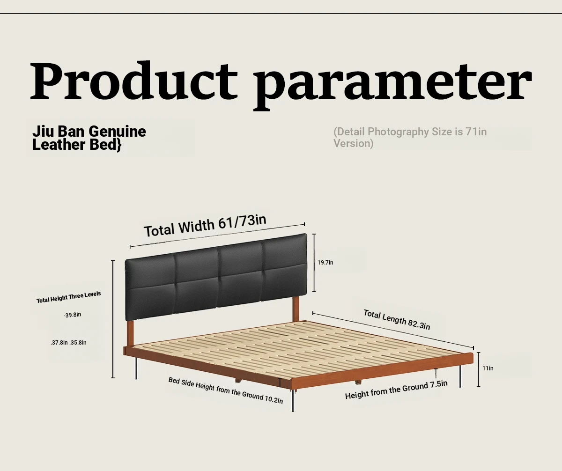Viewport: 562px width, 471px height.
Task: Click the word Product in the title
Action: coord(134,81)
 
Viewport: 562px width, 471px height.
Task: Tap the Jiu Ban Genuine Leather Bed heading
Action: coord(89,138)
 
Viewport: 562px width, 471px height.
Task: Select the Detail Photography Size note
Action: coord(410,138)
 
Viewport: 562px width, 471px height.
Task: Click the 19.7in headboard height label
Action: coord(325,262)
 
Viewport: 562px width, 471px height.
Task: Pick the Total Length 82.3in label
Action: coord(397,319)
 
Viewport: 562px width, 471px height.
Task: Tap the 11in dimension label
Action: coord(488,368)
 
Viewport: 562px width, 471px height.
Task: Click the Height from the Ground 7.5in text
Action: coord(396,390)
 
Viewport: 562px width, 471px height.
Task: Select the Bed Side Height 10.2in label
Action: coord(226,390)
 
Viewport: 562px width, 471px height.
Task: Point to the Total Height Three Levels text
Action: coord(69,297)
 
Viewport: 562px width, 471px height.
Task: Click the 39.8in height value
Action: coord(73,315)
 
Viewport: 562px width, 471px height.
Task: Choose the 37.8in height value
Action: coord(59,343)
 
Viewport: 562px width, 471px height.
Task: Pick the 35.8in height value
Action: coord(78,343)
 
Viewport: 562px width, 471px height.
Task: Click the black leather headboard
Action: coord(216,277)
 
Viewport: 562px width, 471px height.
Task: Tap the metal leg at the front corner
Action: coord(293,400)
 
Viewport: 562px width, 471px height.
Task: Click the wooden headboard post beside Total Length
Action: coord(296,309)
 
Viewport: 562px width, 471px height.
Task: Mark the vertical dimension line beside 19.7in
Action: coord(314,263)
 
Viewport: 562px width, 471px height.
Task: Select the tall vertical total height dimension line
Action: coord(113,319)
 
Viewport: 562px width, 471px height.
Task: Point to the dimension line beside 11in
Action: coord(478,369)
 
